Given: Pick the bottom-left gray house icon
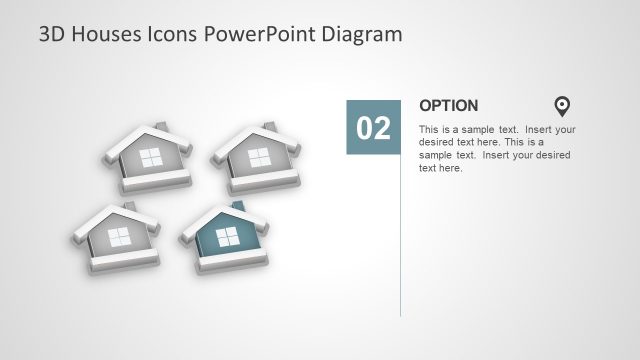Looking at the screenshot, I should tap(116, 240).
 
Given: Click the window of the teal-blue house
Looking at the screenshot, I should tap(227, 236).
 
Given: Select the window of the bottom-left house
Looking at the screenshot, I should tap(119, 237).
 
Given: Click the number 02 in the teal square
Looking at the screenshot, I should tap(373, 128).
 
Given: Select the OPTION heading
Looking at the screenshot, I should tap(448, 105).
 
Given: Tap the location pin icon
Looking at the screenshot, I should tap(562, 106).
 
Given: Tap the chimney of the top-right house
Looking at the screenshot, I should tap(268, 127).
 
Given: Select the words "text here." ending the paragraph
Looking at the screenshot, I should tap(441, 168).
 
